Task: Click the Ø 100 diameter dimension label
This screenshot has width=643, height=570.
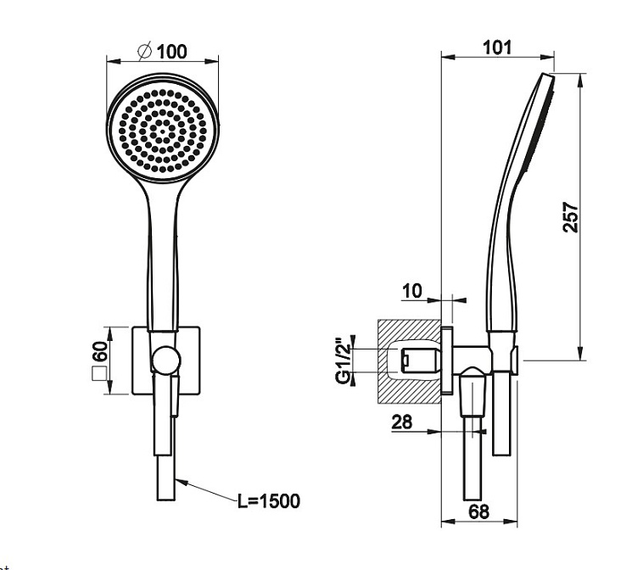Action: tap(163, 51)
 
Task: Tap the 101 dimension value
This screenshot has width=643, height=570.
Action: tap(497, 47)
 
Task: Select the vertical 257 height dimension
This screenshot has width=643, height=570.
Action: tap(570, 217)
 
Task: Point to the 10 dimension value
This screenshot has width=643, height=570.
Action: tap(412, 291)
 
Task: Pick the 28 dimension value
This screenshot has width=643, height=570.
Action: tap(402, 422)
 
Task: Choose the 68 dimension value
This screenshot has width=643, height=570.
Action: tap(478, 511)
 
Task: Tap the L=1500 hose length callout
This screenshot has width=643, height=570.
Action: tap(269, 500)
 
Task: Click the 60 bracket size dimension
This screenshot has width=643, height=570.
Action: tap(100, 351)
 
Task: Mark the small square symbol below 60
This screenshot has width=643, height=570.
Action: tap(99, 374)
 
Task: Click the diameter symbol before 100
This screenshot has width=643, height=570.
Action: tap(145, 51)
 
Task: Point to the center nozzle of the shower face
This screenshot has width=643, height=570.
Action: tap(162, 131)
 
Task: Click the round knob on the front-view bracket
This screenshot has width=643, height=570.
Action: tap(166, 360)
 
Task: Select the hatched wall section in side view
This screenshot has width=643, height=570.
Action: tap(409, 360)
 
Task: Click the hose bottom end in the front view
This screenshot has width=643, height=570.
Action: tap(166, 500)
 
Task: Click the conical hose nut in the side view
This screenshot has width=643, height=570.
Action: tap(472, 392)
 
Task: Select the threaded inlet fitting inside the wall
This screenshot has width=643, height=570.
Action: tap(420, 360)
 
